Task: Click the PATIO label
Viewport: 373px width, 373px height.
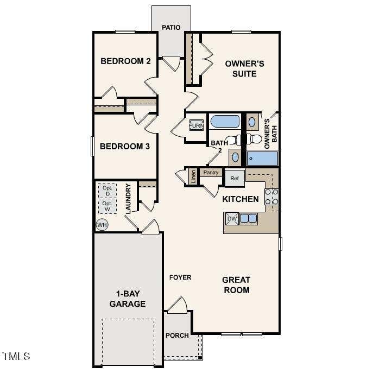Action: (171, 27)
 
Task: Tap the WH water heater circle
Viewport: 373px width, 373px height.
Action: (102, 225)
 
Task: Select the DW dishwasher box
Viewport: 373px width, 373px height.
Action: (232, 219)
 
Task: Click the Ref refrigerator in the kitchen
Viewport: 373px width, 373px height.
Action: (235, 178)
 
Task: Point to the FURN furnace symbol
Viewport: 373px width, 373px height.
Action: (196, 125)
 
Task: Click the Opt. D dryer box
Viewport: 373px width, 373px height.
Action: (108, 191)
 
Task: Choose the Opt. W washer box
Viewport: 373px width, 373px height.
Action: (108, 206)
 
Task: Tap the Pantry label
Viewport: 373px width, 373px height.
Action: (211, 173)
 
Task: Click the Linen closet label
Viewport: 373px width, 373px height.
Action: (193, 176)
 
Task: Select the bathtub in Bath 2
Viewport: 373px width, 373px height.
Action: (225, 122)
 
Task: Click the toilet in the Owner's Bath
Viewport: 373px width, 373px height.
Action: (254, 139)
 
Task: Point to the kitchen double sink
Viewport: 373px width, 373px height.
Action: (249, 218)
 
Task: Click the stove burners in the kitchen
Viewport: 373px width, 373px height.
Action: (271, 197)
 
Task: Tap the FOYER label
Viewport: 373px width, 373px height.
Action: (180, 277)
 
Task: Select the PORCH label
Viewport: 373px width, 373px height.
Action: (177, 336)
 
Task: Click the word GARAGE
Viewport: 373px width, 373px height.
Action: (128, 304)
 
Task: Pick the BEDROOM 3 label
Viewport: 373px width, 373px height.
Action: (125, 146)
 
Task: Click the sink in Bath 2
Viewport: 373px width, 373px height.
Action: (235, 157)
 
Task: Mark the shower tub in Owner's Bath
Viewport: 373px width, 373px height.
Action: (262, 159)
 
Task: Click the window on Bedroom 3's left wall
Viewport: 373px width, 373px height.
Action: (92, 146)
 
